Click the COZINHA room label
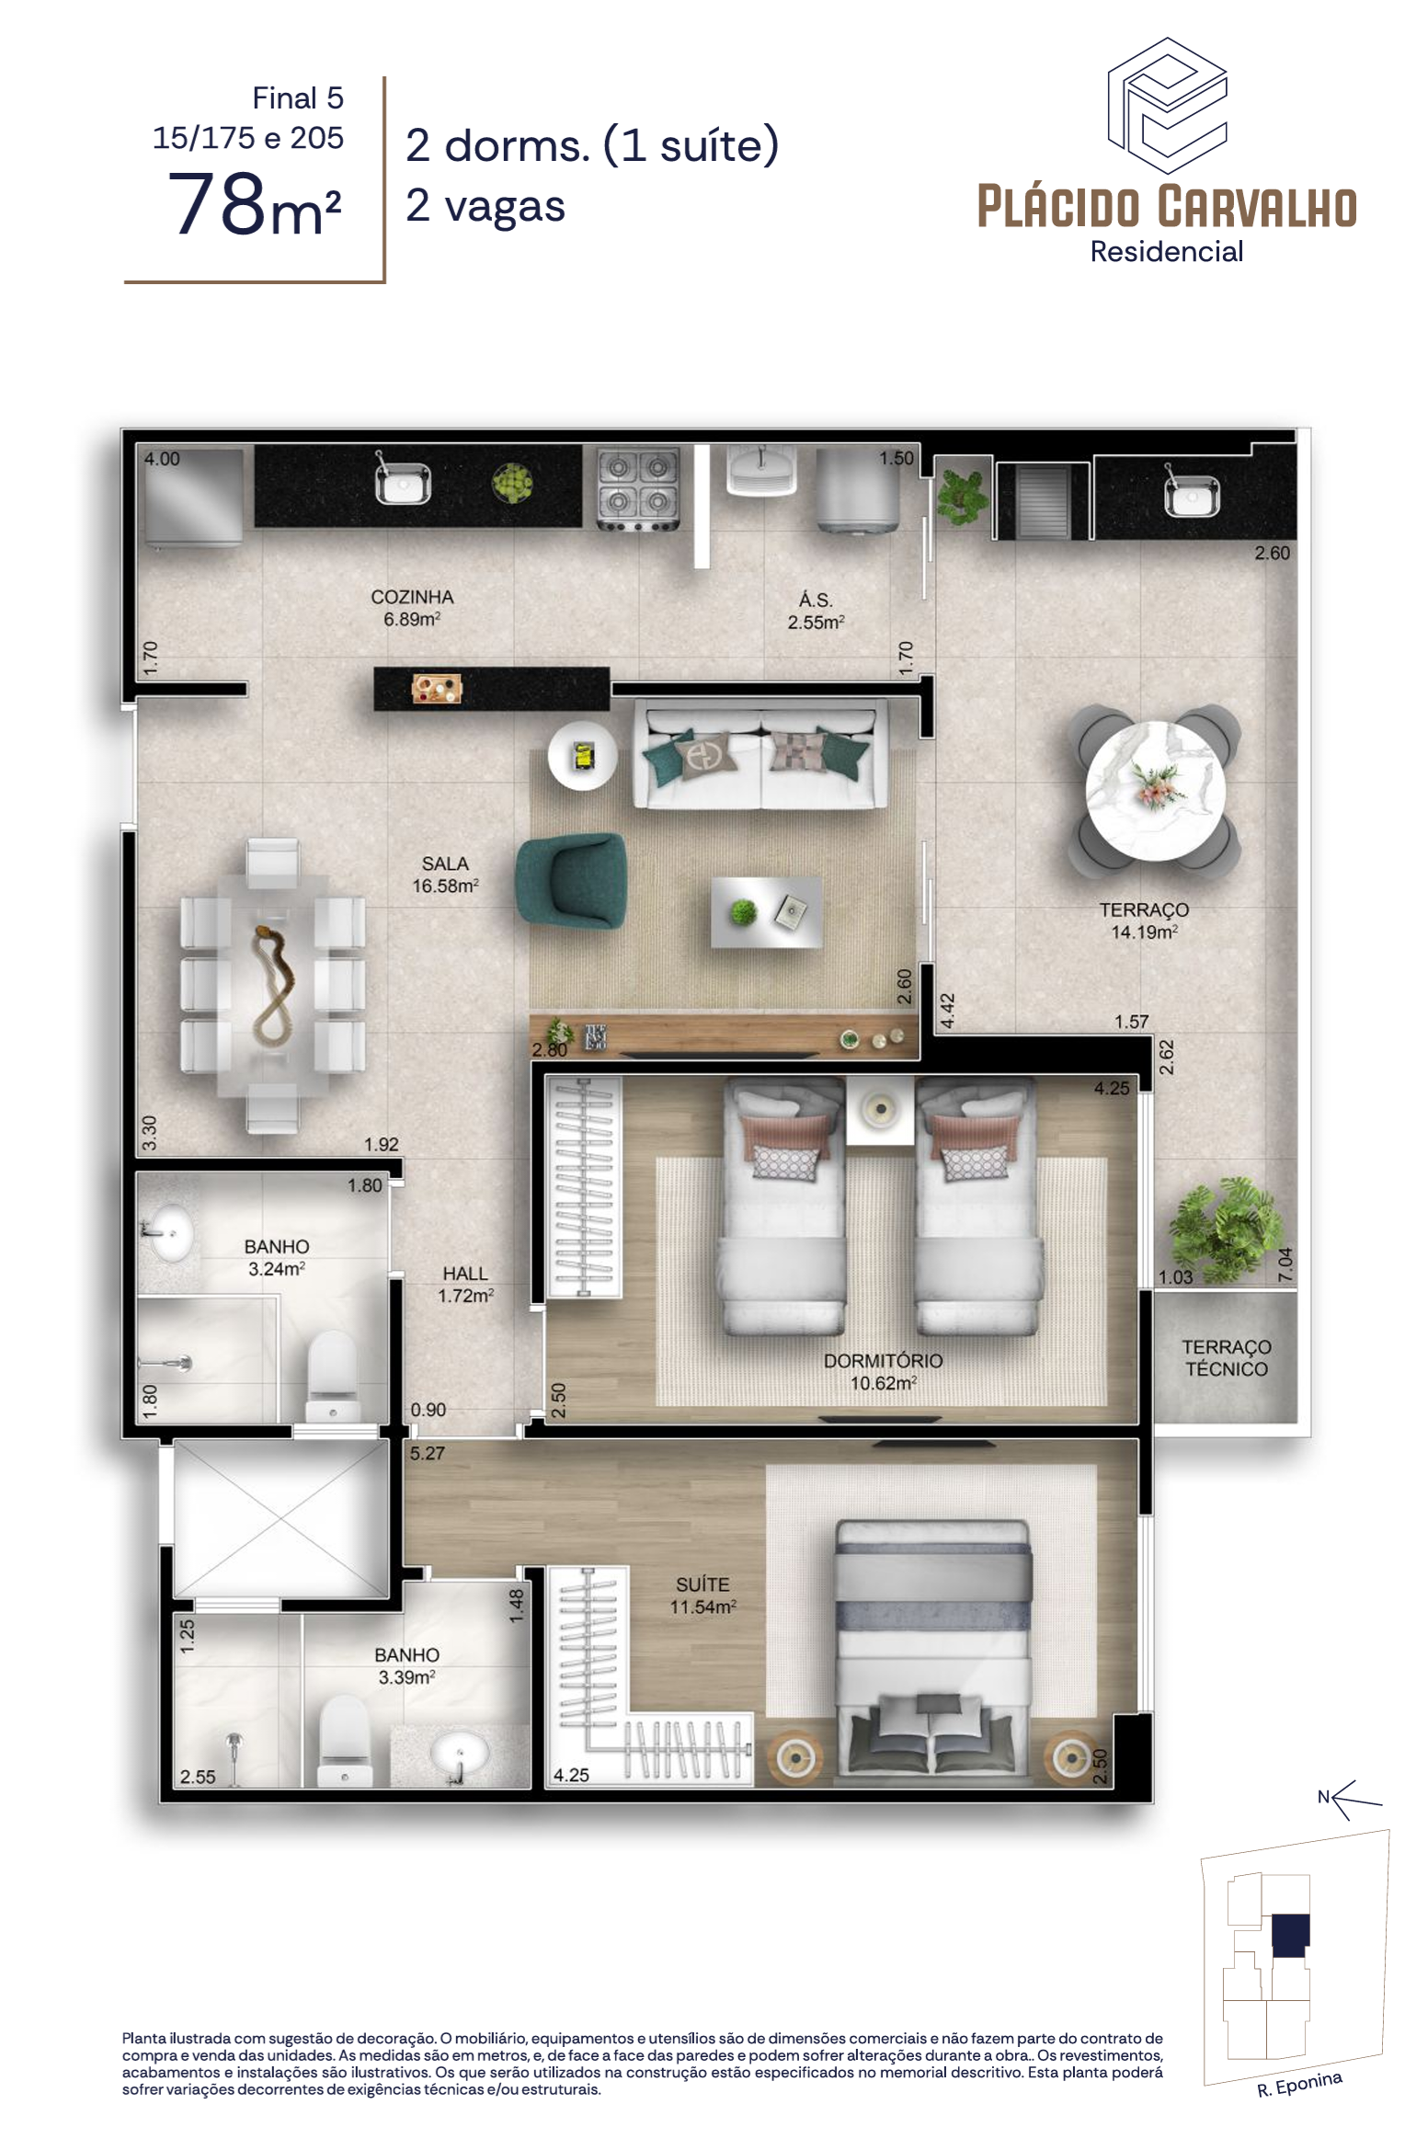[412, 597]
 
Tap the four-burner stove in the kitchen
[638, 489]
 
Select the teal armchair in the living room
[572, 881]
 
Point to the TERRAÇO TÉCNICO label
[1226, 1357]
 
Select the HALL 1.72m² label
[465, 1284]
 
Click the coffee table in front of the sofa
[766, 912]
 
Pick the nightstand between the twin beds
[880, 1111]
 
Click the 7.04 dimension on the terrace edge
[1285, 1264]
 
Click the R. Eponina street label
[1299, 2084]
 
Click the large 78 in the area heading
[217, 204]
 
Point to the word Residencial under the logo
[1166, 251]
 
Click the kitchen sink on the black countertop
[403, 481]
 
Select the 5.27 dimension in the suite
[427, 1453]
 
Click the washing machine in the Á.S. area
[858, 490]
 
